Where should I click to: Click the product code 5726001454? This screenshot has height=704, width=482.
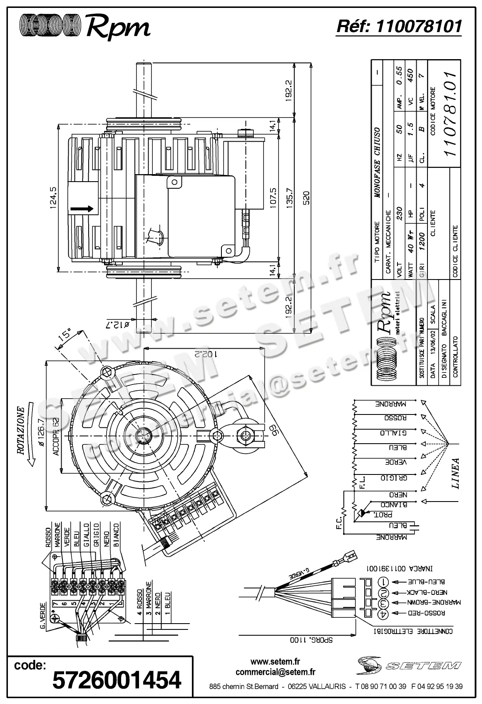pos(117,679)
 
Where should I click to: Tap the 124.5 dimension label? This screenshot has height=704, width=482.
pos(53,199)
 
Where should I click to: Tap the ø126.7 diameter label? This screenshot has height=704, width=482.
pos(40,433)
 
